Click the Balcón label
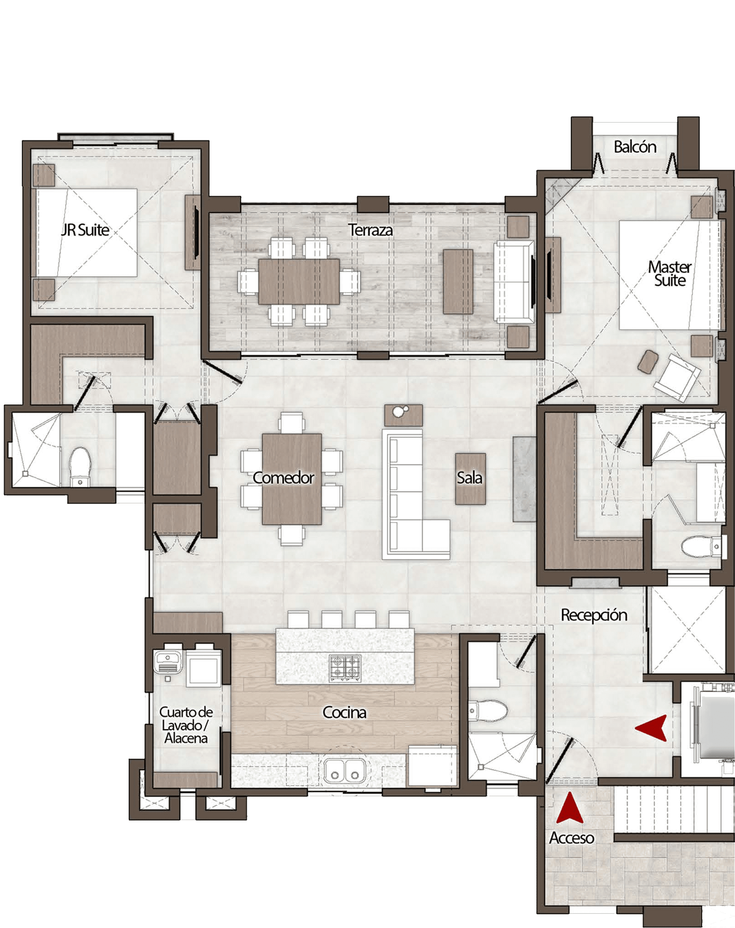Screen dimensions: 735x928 point(635,147)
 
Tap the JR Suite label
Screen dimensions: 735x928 point(85,230)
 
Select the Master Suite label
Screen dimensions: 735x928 point(670,274)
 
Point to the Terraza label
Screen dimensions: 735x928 point(370,230)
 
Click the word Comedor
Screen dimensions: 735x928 point(283,478)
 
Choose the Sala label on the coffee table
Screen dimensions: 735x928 point(469,478)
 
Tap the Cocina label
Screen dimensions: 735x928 point(344,712)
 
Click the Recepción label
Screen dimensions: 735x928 point(594,615)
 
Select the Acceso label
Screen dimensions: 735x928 point(571,837)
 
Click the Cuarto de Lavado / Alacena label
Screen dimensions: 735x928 point(186,725)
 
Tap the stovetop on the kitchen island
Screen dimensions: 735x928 point(345,668)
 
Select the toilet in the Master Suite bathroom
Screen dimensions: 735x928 point(701,546)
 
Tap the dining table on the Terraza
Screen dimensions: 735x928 point(299,281)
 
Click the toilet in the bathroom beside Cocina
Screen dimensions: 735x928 point(488,711)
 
